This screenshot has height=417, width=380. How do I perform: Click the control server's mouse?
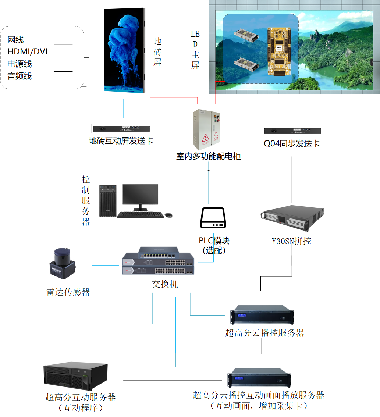(168, 215)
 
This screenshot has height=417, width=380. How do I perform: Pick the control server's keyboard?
(140, 215)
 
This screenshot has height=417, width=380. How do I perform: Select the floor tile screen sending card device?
(121, 129)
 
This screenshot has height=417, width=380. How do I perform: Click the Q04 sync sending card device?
(292, 131)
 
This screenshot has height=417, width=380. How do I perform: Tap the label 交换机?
(165, 284)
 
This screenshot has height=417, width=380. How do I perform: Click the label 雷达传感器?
(68, 292)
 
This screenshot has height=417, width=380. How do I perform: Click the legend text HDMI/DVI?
(28, 51)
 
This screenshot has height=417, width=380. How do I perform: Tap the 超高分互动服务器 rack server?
(76, 377)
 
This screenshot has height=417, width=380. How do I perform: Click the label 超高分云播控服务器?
(265, 333)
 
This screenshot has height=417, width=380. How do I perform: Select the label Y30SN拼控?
(291, 242)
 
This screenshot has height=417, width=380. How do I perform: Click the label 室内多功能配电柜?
(209, 156)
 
